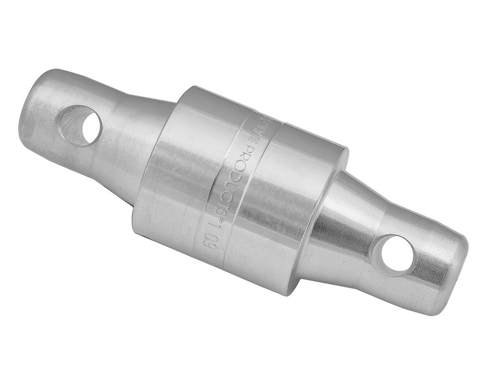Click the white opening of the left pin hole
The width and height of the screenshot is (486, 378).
coord(90,127)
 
